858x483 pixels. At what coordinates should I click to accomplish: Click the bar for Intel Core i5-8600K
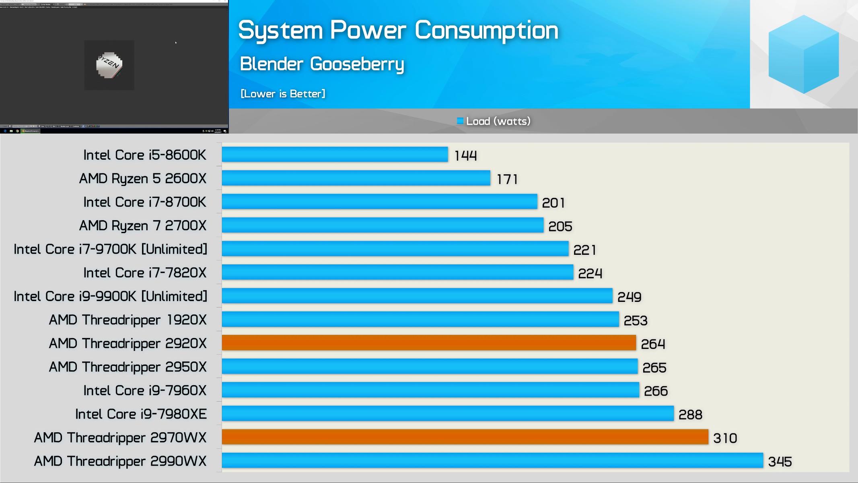point(335,155)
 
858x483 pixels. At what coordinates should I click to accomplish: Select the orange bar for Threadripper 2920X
point(429,343)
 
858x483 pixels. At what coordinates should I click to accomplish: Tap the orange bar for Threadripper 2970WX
point(465,437)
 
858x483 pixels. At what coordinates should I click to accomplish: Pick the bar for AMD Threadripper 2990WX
point(492,460)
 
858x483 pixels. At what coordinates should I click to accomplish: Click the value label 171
point(507,179)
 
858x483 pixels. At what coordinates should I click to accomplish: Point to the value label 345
point(780,462)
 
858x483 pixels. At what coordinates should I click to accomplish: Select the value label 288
point(690,415)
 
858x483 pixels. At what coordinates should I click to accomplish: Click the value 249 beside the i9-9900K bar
point(629,297)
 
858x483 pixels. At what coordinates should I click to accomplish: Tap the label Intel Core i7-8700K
point(145,202)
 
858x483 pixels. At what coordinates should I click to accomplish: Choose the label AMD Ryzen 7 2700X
point(143,225)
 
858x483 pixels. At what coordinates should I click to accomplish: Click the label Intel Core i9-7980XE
point(141,414)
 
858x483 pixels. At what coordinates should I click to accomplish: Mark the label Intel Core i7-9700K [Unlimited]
point(111,249)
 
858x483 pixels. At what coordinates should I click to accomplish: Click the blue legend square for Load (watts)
point(460,121)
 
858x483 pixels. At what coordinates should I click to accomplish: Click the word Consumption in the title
point(486,31)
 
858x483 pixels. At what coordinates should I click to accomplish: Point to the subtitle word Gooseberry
point(357,64)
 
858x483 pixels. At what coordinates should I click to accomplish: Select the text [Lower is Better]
point(283,94)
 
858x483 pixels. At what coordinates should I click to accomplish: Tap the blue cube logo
point(803,54)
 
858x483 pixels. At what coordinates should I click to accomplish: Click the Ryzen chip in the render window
point(109,65)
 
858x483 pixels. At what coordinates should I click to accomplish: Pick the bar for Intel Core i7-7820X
point(397,272)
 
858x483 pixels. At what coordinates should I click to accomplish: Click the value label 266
point(656,391)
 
